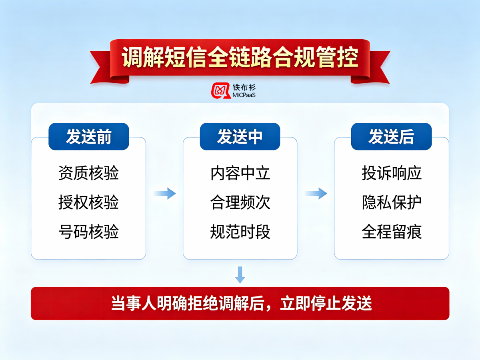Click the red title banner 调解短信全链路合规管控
[240, 61]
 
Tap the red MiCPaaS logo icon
[221, 90]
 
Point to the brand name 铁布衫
[244, 87]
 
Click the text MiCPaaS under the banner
[244, 95]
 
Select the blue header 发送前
[89, 136]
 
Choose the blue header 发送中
[240, 136]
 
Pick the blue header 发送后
[392, 136]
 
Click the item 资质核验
[88, 173]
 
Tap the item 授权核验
[88, 202]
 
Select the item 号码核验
[88, 232]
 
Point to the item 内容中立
[240, 173]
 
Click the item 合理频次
[240, 202]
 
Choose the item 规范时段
[240, 232]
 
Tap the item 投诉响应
[392, 173]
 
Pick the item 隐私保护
[392, 202]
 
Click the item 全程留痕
[392, 232]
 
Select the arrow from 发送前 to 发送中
[165, 194]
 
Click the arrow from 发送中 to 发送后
[316, 194]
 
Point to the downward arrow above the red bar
[240, 275]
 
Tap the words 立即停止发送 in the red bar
[326, 303]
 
